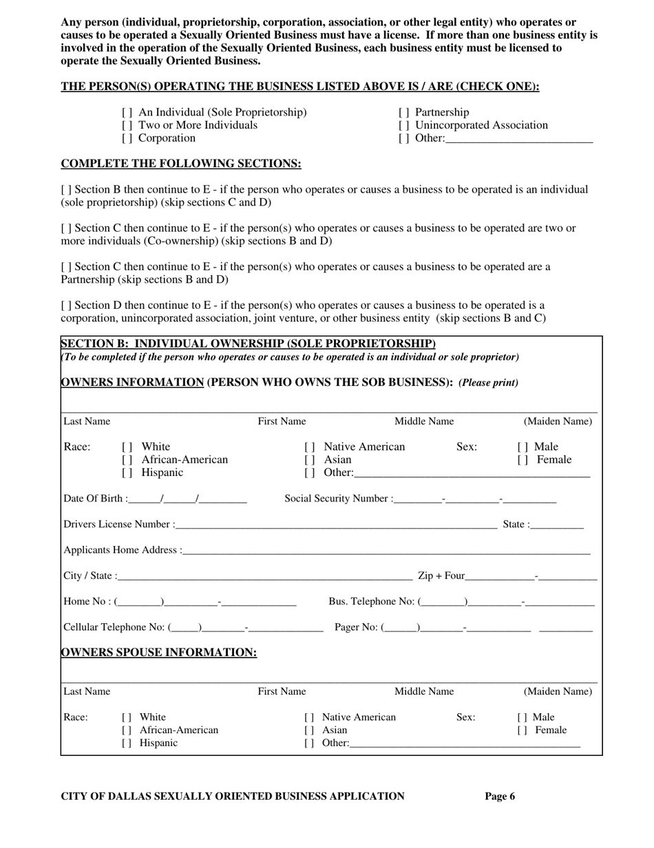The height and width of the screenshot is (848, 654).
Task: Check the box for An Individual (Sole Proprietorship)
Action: (127, 112)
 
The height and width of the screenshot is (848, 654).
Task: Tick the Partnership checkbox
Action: (404, 112)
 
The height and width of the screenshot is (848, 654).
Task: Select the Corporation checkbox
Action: (127, 138)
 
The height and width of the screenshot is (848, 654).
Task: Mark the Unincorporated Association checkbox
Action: (404, 125)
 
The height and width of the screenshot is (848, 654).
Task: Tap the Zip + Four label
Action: (441, 576)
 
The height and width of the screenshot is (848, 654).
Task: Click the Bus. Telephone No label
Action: (372, 602)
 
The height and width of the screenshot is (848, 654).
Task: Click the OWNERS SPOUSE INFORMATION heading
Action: (159, 652)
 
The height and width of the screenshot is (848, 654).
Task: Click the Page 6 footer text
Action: (500, 796)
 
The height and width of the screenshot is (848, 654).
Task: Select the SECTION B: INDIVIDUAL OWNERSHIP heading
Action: (249, 343)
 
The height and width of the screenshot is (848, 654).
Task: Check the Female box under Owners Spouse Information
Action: (523, 730)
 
